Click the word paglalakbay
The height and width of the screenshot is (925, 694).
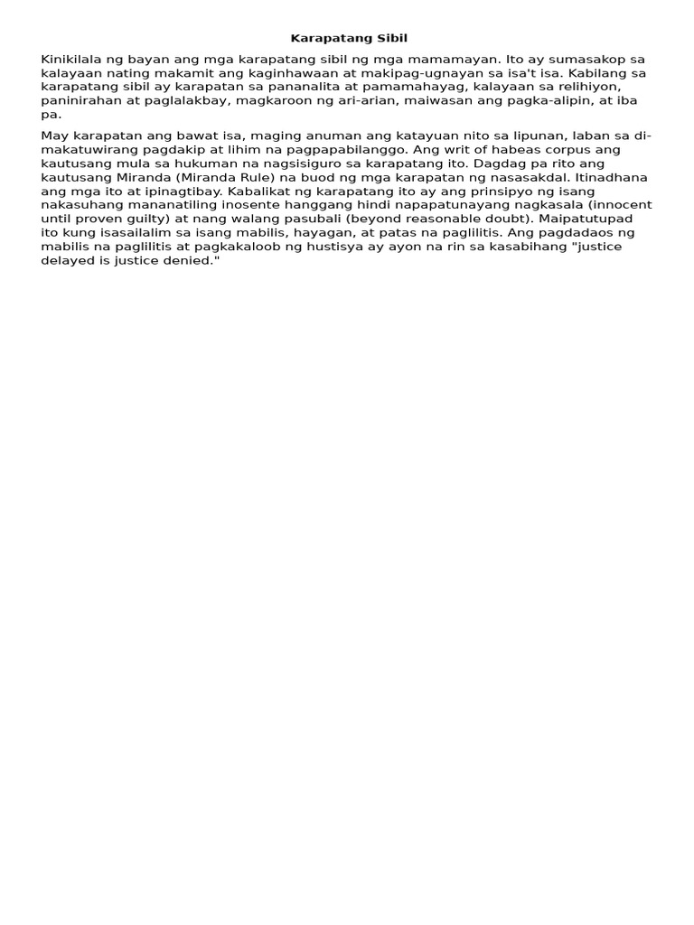point(182,101)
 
